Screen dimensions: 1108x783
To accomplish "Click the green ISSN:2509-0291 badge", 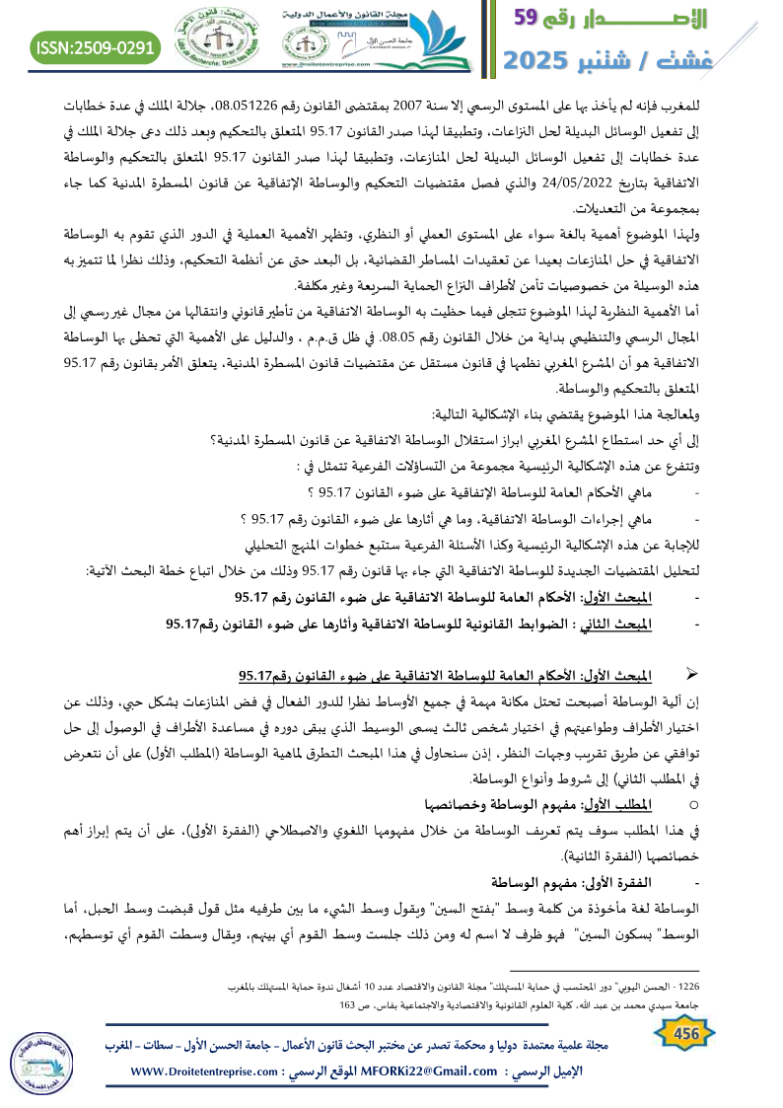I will pyautogui.click(x=96, y=46).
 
